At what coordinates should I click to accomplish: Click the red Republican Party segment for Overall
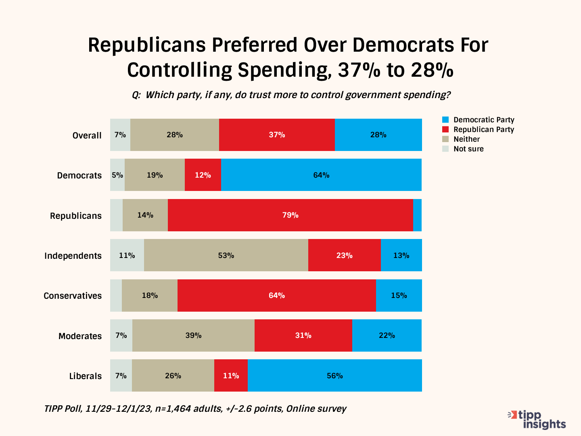coord(277,135)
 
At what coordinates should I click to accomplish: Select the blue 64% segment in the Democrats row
coord(321,175)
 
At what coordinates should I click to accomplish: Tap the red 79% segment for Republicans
coord(290,215)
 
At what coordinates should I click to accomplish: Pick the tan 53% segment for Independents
coord(226,255)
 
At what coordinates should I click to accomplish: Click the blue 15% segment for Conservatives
coord(399,296)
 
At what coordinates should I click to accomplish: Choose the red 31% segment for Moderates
coord(303,335)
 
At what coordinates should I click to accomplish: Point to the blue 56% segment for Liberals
coord(334,375)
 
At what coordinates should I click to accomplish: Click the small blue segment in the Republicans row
coord(417,215)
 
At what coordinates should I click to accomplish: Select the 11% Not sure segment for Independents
coord(127,255)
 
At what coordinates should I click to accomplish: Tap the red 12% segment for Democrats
coord(203,175)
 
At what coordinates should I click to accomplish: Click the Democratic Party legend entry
coord(483,120)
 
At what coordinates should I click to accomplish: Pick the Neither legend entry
coord(466,139)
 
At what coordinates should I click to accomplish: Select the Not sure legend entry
coord(468,149)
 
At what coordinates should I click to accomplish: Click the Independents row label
coord(73,256)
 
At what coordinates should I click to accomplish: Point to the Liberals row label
coord(86,376)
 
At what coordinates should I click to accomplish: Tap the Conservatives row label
coord(73,296)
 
